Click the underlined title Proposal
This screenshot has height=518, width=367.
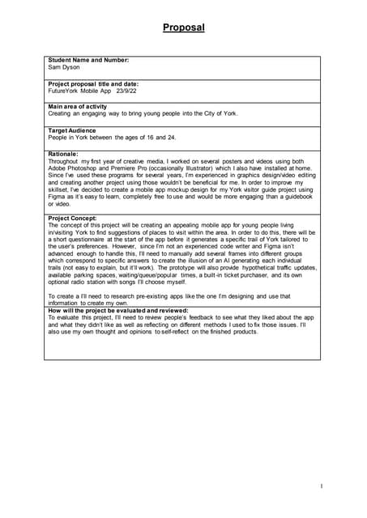(183, 28)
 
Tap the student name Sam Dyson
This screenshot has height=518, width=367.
(64, 67)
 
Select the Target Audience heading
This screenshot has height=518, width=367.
(72, 130)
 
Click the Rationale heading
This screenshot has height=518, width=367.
(63, 154)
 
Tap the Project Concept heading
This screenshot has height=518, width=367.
(73, 219)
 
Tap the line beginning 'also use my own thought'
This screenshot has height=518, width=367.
(153, 332)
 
